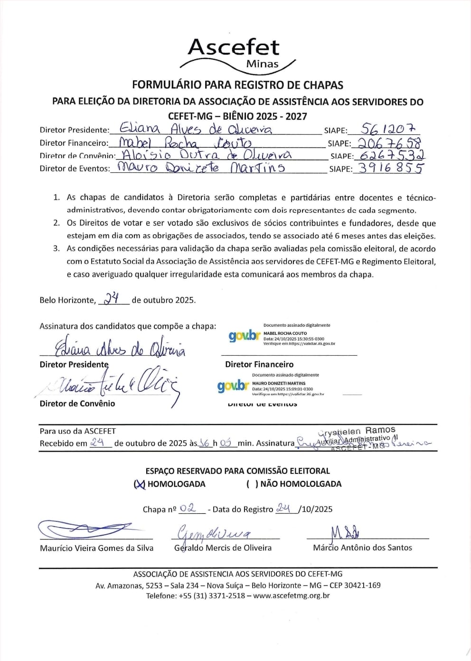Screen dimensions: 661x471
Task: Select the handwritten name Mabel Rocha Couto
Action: tap(185, 142)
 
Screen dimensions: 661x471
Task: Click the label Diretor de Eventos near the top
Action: tap(75, 169)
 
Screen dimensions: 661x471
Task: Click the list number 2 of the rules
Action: tap(57, 223)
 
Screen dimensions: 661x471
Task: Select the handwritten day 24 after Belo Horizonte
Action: tap(112, 298)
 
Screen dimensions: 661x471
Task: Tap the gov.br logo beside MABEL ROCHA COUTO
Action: tap(245, 336)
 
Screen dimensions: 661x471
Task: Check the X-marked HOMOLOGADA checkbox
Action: tap(139, 484)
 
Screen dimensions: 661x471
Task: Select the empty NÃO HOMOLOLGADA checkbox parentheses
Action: tap(252, 484)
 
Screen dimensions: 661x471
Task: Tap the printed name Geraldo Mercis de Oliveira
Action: tap(223, 548)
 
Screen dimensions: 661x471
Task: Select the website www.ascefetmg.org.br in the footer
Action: tap(291, 595)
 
